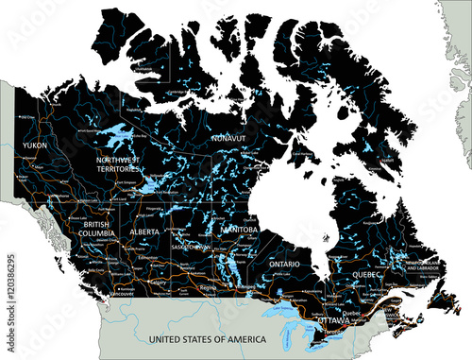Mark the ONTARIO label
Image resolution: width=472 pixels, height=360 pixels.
pyautogui.click(x=284, y=265)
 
